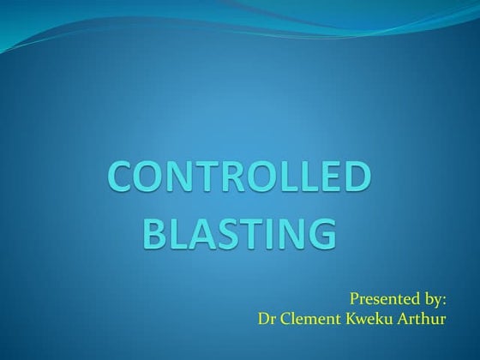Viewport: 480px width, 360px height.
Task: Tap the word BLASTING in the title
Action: click(237, 231)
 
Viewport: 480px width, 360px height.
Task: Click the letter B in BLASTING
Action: click(153, 231)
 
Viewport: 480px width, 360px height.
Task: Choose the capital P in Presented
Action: click(355, 300)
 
